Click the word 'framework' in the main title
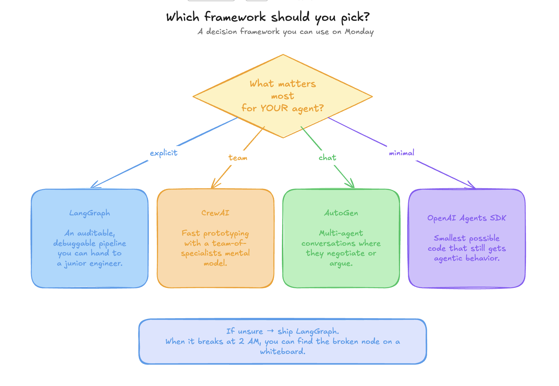235,17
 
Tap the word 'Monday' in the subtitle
359,32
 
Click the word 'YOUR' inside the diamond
274,108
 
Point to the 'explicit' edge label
163,153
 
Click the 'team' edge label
238,158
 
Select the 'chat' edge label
327,158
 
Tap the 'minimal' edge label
402,153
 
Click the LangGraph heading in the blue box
90,213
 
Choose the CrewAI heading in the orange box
215,213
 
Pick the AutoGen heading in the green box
341,213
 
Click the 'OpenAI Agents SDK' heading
466,218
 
